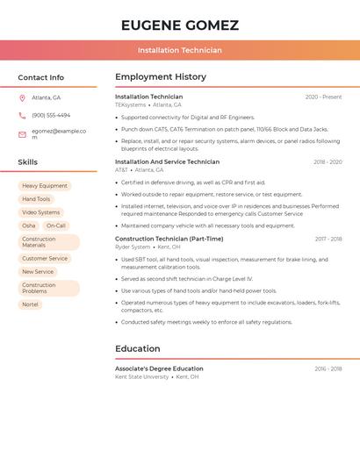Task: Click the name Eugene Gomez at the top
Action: (180, 25)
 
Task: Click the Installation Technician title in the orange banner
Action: (180, 50)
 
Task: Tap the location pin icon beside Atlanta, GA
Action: (22, 97)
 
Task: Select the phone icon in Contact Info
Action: (22, 115)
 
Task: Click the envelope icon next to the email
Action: (22, 134)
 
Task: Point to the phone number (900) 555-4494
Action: (51, 115)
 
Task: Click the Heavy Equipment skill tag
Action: (45, 186)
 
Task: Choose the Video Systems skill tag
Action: (41, 212)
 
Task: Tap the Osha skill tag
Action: (29, 225)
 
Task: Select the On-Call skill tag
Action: (56, 225)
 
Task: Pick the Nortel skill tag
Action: (31, 304)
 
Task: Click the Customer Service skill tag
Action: (45, 259)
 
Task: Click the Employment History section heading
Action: (161, 77)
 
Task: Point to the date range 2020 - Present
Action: (323, 97)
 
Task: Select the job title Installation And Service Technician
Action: (167, 161)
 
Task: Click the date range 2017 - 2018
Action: (328, 239)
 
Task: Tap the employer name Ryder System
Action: (133, 247)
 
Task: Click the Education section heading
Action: (138, 349)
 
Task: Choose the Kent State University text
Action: (141, 377)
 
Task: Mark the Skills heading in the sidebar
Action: (28, 162)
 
